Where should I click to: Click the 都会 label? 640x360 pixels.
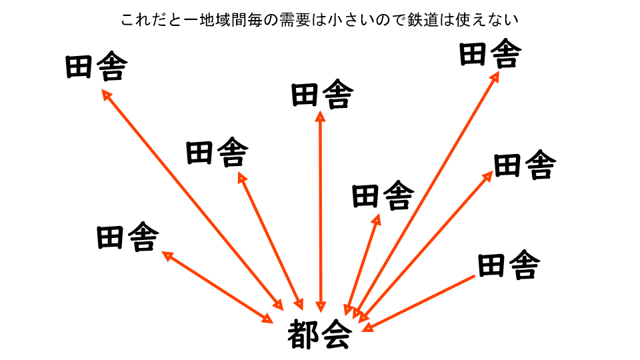point(319,335)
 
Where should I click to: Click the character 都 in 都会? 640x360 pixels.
point(303,335)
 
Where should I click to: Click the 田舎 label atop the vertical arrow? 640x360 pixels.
point(322,95)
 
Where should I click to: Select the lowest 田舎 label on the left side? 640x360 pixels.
point(128,237)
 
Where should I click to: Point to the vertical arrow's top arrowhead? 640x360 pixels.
point(321,117)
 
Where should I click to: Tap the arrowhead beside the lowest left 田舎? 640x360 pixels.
point(167,255)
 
